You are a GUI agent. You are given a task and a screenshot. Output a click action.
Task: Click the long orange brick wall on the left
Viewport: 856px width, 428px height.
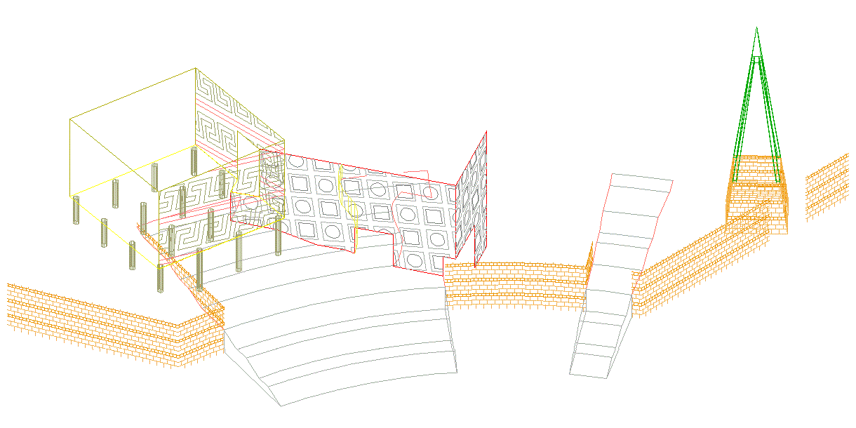98,319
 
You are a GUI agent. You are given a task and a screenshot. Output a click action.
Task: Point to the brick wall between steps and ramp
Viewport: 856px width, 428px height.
516,284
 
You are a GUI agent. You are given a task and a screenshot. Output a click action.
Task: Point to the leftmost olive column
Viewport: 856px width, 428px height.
76,210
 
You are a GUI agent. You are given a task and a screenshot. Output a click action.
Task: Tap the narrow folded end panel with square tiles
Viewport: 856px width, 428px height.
472,203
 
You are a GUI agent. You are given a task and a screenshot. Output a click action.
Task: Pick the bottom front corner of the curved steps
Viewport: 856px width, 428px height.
281,406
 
